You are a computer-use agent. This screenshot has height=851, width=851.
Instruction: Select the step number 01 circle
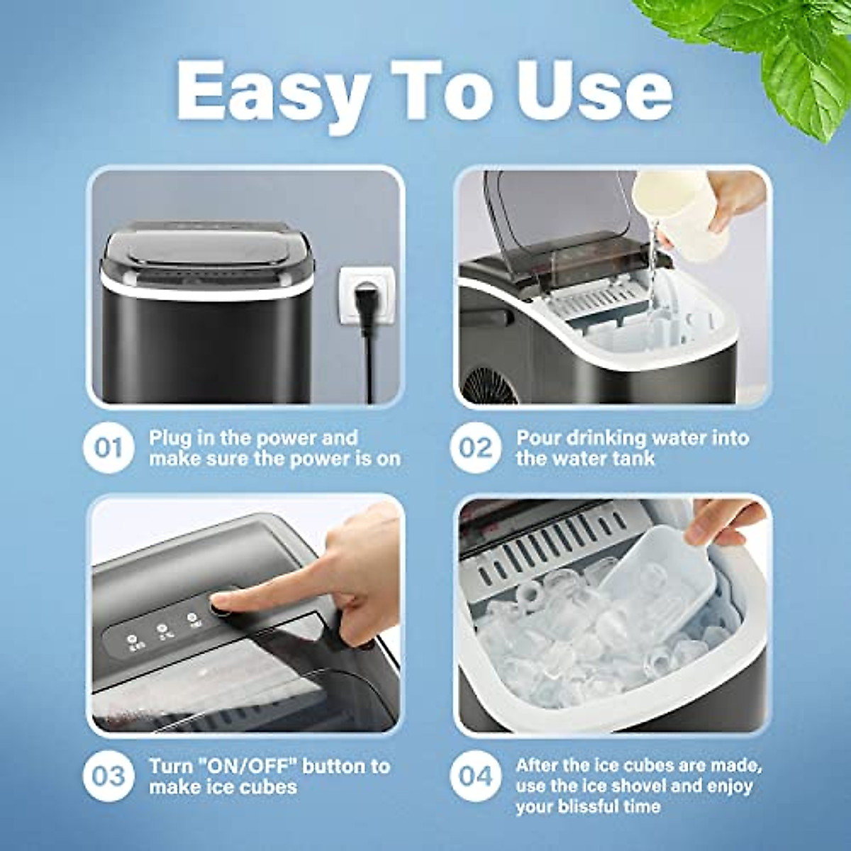click(108, 448)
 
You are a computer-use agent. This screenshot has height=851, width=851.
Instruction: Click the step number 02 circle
click(475, 448)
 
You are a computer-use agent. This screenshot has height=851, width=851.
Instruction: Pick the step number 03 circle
click(108, 776)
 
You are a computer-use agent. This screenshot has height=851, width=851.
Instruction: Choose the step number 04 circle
click(475, 776)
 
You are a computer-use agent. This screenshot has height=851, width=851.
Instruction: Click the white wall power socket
click(365, 294)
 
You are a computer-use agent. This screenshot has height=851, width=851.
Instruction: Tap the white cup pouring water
click(677, 213)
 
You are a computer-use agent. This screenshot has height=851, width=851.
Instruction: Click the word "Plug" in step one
click(170, 438)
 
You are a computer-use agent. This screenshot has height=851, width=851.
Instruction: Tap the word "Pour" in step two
click(540, 438)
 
